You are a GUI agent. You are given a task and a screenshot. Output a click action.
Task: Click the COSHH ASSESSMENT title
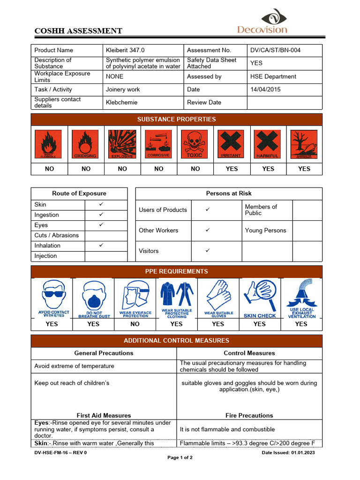pos(78,31)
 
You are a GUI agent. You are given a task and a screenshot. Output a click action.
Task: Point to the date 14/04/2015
pos(265,90)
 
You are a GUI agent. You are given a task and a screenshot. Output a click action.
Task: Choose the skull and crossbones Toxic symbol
pos(195,144)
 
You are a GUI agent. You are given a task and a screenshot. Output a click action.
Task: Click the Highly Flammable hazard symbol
pos(49,144)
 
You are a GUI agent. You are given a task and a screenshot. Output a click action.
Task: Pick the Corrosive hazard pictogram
pos(158,144)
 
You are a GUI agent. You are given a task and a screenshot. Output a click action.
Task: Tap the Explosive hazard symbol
pos(122,144)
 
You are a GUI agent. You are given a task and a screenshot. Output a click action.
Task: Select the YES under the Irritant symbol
pos(232,169)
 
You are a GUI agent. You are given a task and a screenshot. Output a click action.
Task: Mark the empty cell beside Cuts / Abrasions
pos(105,235)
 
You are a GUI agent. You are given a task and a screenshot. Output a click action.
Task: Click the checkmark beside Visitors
pos(208,251)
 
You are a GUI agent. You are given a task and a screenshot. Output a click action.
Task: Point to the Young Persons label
pos(265,231)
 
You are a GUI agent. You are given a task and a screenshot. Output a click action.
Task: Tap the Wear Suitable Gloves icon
pos(218,299)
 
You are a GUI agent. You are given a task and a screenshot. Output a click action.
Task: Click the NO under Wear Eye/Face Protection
pos(135,324)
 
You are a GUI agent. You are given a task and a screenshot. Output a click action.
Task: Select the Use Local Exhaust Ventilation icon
pos(301,299)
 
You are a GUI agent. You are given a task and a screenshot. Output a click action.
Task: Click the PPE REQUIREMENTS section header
pos(176,271)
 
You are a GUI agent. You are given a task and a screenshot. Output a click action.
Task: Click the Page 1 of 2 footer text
pos(180,457)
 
